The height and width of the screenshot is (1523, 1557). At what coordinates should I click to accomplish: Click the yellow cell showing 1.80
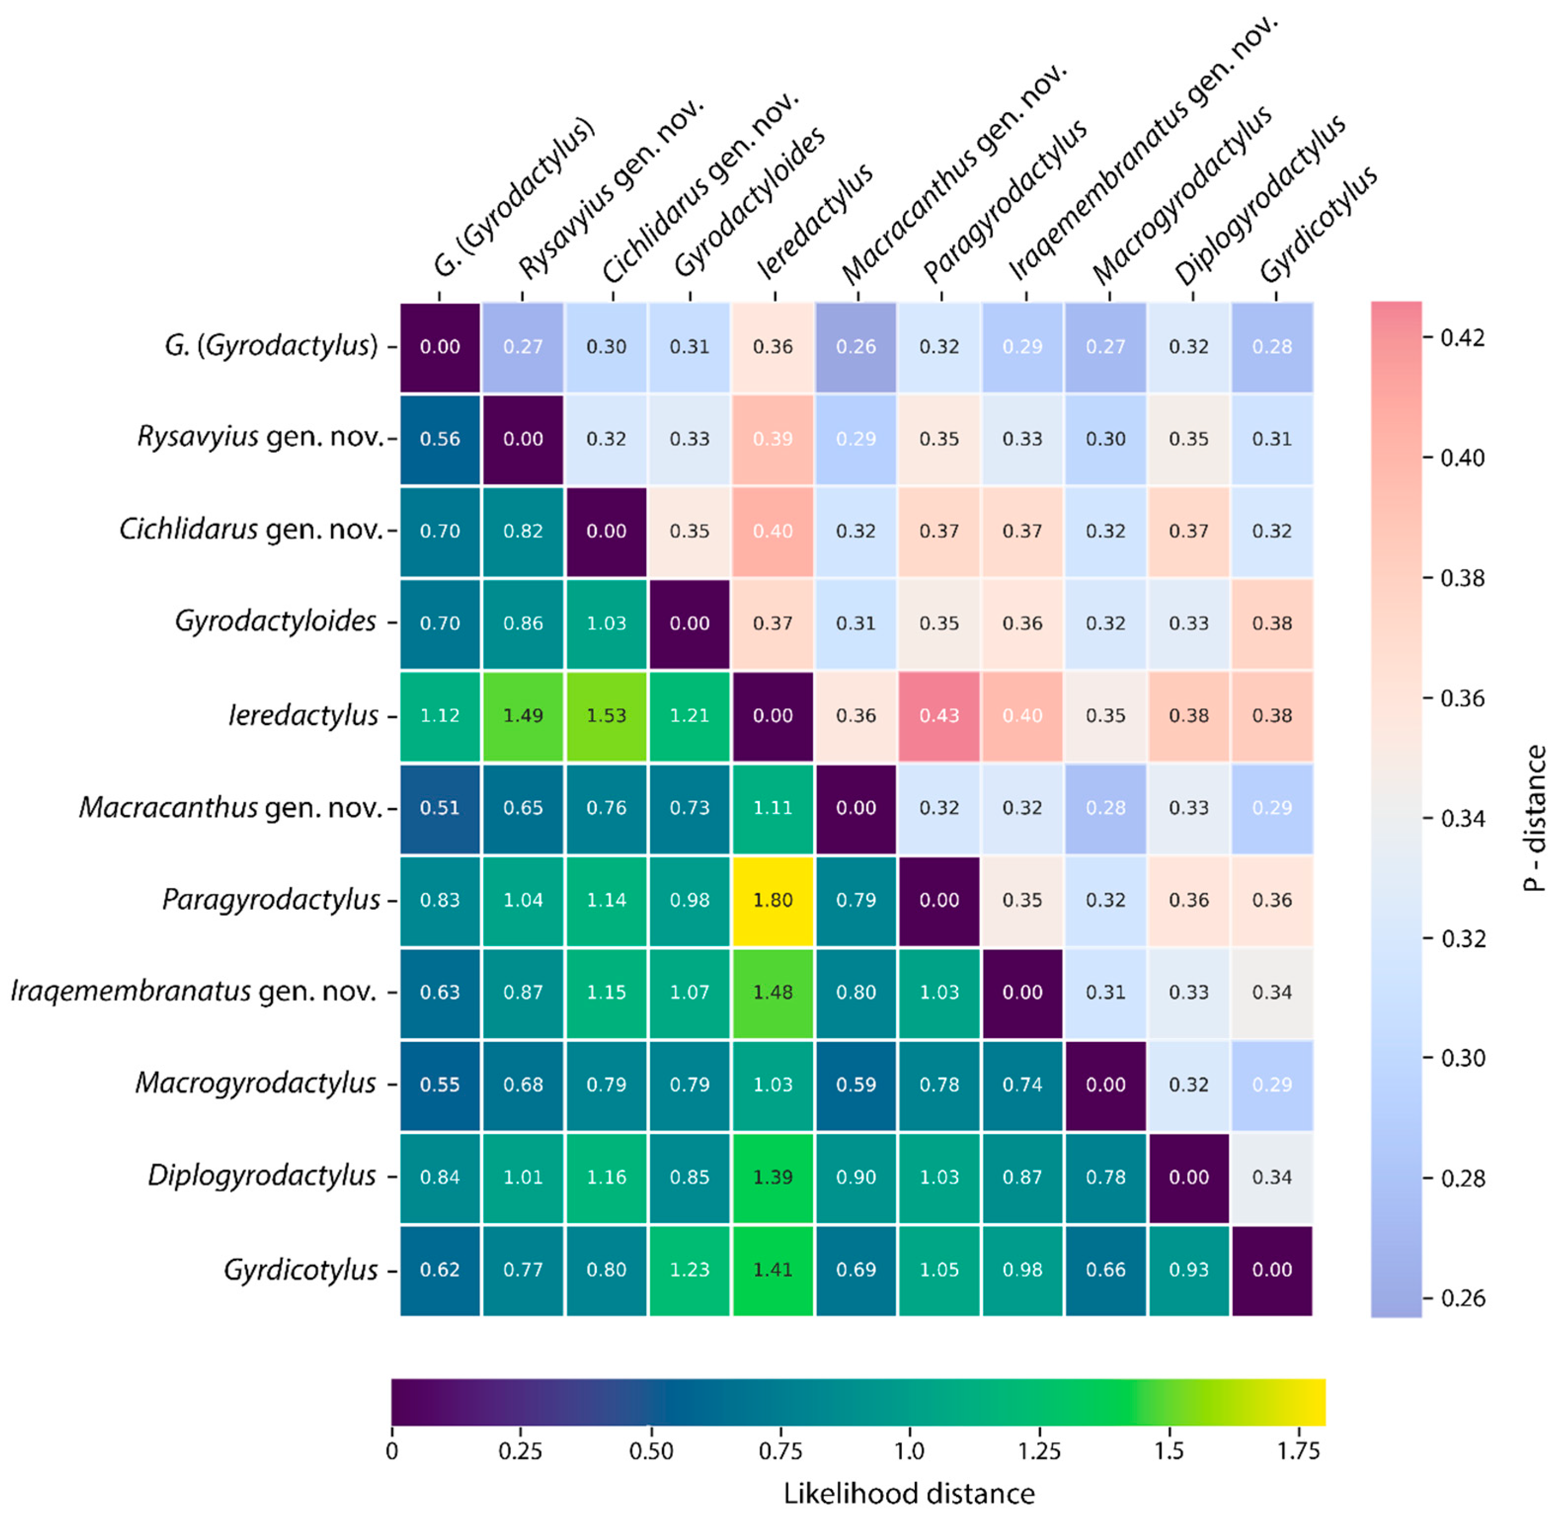(773, 900)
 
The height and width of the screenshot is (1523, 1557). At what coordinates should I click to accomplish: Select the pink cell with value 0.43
(939, 715)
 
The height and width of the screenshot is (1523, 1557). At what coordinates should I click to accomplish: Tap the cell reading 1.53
(606, 715)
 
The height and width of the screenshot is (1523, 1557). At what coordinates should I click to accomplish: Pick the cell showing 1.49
(523, 715)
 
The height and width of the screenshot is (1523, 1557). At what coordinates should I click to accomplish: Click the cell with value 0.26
(856, 346)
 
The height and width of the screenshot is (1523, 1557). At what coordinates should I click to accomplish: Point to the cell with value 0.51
(440, 808)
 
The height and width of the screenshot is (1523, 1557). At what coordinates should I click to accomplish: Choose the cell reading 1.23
(689, 1270)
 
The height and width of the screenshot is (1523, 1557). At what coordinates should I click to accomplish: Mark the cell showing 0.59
(856, 1084)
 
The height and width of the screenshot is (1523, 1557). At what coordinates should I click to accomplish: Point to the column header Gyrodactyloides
(749, 204)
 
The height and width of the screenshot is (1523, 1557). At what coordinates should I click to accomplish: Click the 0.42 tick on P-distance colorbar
(1462, 338)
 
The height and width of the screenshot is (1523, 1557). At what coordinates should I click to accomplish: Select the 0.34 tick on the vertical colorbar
(1462, 818)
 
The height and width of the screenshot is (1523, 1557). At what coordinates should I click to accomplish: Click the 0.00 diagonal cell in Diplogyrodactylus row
(1188, 1177)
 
